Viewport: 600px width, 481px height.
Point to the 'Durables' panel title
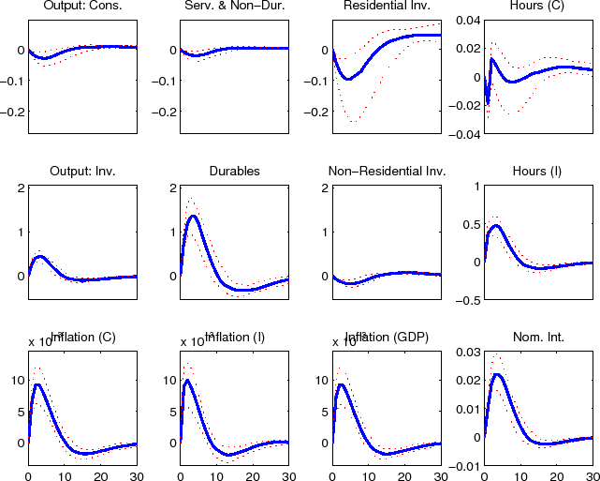234,172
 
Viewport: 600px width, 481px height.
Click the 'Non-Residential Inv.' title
387,172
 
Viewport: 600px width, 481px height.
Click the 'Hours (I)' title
538,172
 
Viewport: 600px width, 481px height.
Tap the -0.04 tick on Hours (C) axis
466,134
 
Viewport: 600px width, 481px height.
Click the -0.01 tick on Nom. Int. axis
466,466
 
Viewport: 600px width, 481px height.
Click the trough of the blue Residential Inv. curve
348,79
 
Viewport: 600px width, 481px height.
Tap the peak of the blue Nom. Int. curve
497,374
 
